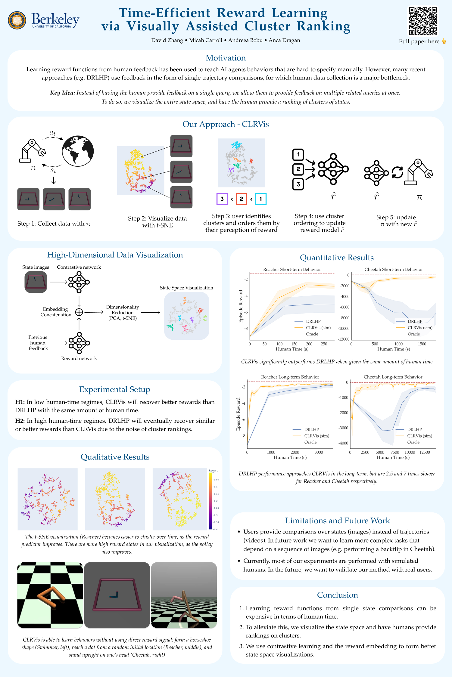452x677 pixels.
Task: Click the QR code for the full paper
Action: pyautogui.click(x=423, y=21)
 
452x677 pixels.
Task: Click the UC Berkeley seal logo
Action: pyautogui.click(x=17, y=20)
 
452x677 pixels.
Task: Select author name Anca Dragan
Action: pyautogui.click(x=284, y=40)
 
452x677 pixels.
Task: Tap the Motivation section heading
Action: pyautogui.click(x=226, y=58)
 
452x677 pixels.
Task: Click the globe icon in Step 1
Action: pyautogui.click(x=78, y=151)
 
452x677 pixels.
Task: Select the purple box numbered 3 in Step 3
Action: pyautogui.click(x=222, y=199)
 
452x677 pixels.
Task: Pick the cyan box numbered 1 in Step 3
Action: pyautogui.click(x=260, y=199)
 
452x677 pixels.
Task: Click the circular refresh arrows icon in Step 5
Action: pyautogui.click(x=397, y=172)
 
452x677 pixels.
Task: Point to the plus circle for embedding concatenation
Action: pyautogui.click(x=79, y=312)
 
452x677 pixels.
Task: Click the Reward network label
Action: pyautogui.click(x=79, y=358)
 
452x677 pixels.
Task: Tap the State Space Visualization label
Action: pyautogui.click(x=186, y=288)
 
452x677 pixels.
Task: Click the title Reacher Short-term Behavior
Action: pyautogui.click(x=292, y=269)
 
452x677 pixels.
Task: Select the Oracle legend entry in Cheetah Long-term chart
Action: pyautogui.click(x=413, y=442)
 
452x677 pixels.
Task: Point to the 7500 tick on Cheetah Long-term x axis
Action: pyautogui.click(x=394, y=452)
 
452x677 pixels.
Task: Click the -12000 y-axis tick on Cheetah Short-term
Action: pyautogui.click(x=344, y=339)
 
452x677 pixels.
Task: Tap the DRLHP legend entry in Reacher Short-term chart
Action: pyautogui.click(x=313, y=321)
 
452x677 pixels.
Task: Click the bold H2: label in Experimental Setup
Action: pyautogui.click(x=20, y=421)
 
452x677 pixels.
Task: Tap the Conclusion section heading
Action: pyautogui.click(x=337, y=595)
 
